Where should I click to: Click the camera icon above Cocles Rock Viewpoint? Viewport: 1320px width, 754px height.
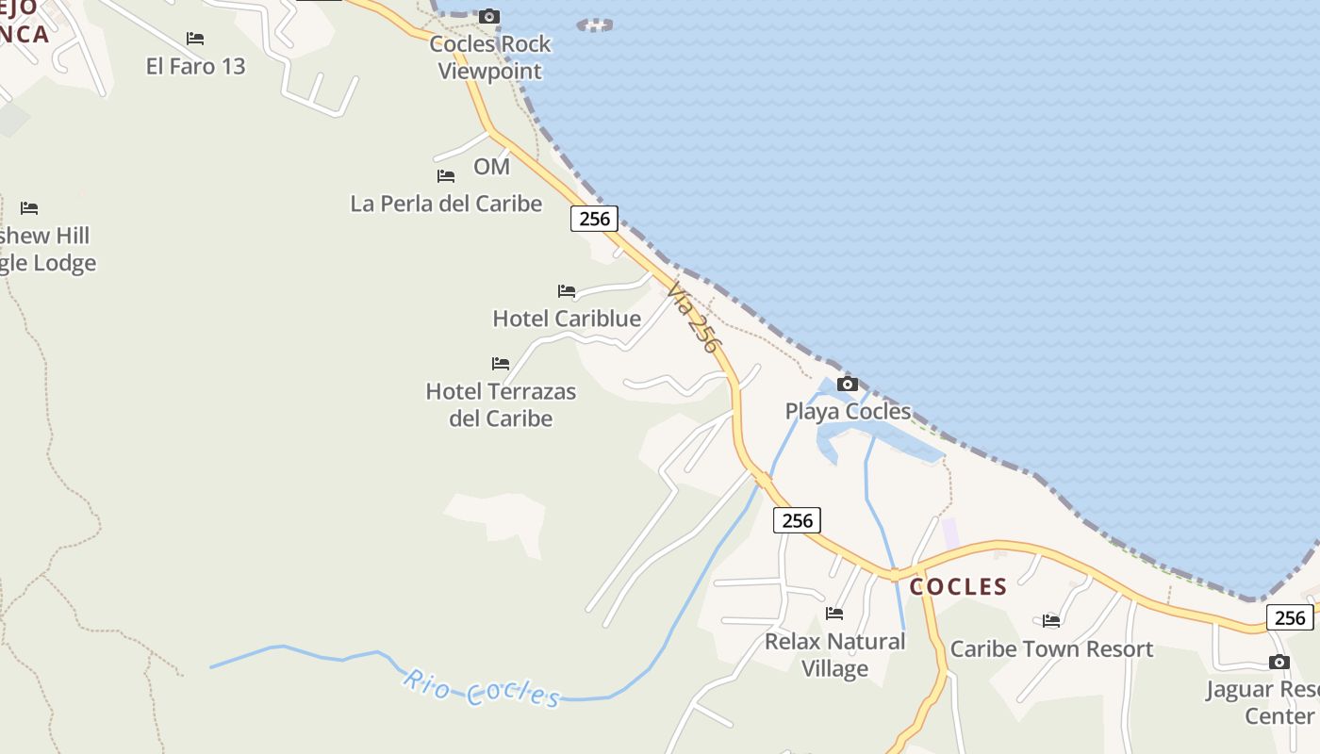point(488,16)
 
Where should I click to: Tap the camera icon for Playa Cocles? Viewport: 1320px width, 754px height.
point(848,384)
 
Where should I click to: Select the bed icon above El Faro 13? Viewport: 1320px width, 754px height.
point(195,39)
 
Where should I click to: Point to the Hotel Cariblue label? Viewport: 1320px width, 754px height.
point(567,319)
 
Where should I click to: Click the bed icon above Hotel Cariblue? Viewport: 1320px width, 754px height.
point(567,291)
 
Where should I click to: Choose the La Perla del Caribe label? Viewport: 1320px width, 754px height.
point(446,204)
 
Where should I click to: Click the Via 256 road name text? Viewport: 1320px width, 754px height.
point(694,319)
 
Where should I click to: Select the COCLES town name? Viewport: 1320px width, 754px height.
point(958,586)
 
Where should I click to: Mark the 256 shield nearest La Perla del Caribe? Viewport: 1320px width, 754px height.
point(594,219)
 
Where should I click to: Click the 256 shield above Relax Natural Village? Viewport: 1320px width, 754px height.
point(797,520)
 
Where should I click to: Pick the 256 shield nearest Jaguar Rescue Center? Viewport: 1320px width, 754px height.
point(1289,617)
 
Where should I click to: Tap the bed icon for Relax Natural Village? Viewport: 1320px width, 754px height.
point(834,614)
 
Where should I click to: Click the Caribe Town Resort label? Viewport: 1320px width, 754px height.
point(1051,648)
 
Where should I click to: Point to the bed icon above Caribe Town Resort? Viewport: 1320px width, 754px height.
point(1051,620)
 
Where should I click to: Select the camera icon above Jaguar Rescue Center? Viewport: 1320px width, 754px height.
point(1279,662)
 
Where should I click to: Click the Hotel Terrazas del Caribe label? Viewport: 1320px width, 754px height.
point(501,404)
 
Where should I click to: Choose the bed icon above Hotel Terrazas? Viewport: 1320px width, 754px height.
point(501,364)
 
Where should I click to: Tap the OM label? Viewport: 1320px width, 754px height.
point(491,167)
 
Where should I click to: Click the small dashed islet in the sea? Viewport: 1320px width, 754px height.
point(594,25)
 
